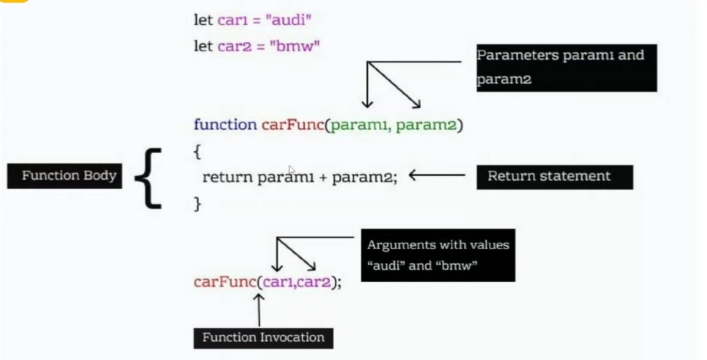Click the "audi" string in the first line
[x=288, y=21]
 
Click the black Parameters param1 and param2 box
[x=566, y=68]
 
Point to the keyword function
[x=225, y=125]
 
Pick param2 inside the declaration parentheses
[x=426, y=125]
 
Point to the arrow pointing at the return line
[x=437, y=175]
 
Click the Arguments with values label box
[x=438, y=255]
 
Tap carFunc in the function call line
[x=224, y=282]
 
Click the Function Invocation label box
[x=263, y=338]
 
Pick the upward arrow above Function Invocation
[x=259, y=309]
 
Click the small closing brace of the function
[x=198, y=203]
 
